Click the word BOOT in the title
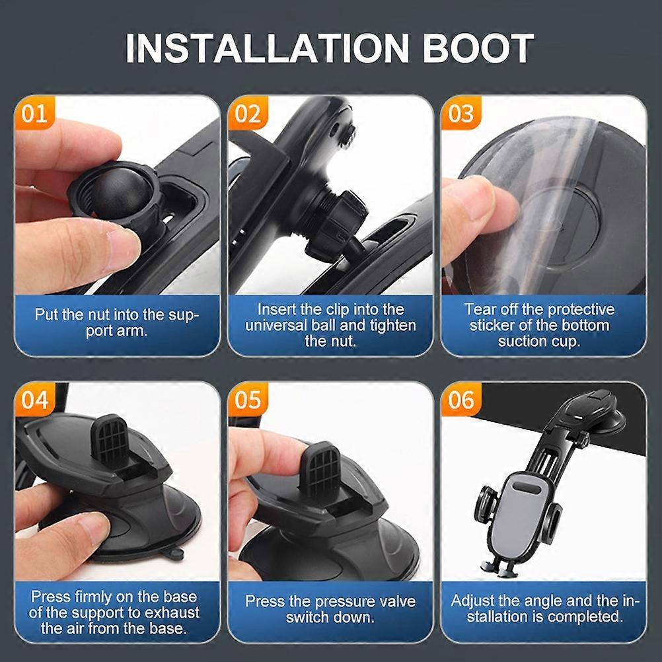(x=478, y=48)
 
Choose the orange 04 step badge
(x=35, y=400)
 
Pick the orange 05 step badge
(x=248, y=400)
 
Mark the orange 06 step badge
(x=461, y=400)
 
